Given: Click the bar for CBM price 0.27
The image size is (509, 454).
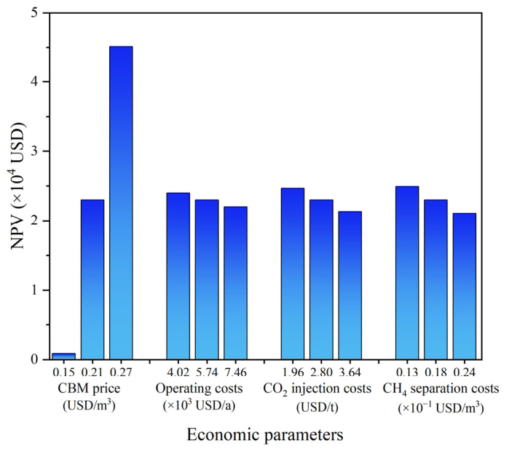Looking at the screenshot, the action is [121, 203].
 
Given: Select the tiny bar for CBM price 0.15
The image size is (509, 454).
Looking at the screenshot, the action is [63, 357].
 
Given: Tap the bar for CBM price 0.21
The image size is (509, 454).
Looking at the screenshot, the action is [92, 279].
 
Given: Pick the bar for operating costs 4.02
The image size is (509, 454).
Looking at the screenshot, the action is [178, 276].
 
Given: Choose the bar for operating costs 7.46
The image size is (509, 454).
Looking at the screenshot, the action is [235, 283].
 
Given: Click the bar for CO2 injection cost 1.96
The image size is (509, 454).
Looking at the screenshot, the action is [293, 274].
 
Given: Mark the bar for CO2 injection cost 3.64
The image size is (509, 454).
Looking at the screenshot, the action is [350, 285].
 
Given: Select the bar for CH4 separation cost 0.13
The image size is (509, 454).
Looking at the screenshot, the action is [407, 273].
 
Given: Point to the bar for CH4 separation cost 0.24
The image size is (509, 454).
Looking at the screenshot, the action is [464, 287].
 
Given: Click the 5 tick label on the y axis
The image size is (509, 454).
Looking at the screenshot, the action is [34, 13].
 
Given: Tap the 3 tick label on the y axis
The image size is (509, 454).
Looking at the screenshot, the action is [34, 151].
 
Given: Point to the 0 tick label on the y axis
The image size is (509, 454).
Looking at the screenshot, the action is [34, 359].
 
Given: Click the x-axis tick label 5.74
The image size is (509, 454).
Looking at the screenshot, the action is [207, 372].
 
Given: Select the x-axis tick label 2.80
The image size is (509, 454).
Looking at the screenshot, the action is [321, 372].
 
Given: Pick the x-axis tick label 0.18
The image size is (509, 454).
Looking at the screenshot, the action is [435, 372].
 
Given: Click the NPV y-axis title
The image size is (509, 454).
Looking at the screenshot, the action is [18, 186].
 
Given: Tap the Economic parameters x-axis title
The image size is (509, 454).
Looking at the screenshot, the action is [265, 435].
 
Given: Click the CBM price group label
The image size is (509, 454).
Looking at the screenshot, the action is [89, 389].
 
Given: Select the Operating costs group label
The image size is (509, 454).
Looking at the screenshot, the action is [199, 389].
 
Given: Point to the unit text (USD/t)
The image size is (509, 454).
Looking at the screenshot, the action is [317, 407].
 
